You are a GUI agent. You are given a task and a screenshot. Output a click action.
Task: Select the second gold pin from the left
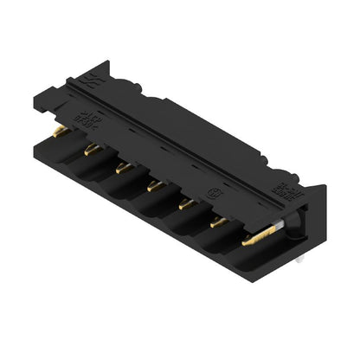[x=90, y=150]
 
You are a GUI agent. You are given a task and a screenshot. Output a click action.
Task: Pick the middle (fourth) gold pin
[x=154, y=183]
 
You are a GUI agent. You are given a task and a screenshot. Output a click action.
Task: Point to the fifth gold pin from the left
[x=185, y=202]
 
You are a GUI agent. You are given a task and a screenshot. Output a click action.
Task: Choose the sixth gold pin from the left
[x=218, y=222]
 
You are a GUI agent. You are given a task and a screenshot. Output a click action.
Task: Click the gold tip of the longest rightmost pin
[x=252, y=241]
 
